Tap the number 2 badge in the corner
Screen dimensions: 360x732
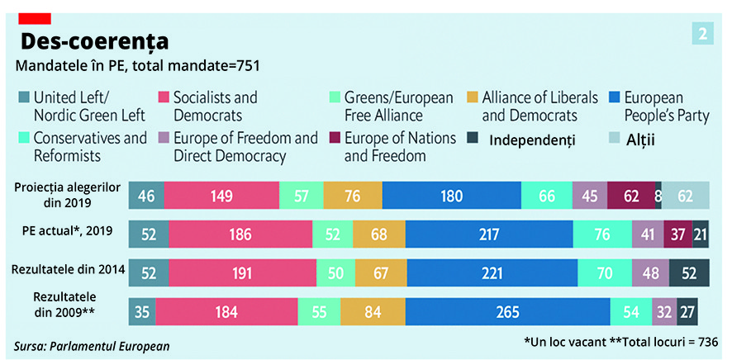coord(702,34)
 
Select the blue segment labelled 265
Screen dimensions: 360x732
coord(507,312)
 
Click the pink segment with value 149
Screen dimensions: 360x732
coord(221,197)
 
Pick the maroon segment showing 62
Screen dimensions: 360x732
coord(631,197)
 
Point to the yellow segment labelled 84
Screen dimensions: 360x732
coord(373,312)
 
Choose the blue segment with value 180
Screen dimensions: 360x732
coord(451,197)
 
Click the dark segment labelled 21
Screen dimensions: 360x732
coord(700,234)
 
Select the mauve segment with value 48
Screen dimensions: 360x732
coord(649,272)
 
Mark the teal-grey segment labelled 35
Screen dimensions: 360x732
coord(142,312)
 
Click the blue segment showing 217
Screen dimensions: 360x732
coord(484,234)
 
